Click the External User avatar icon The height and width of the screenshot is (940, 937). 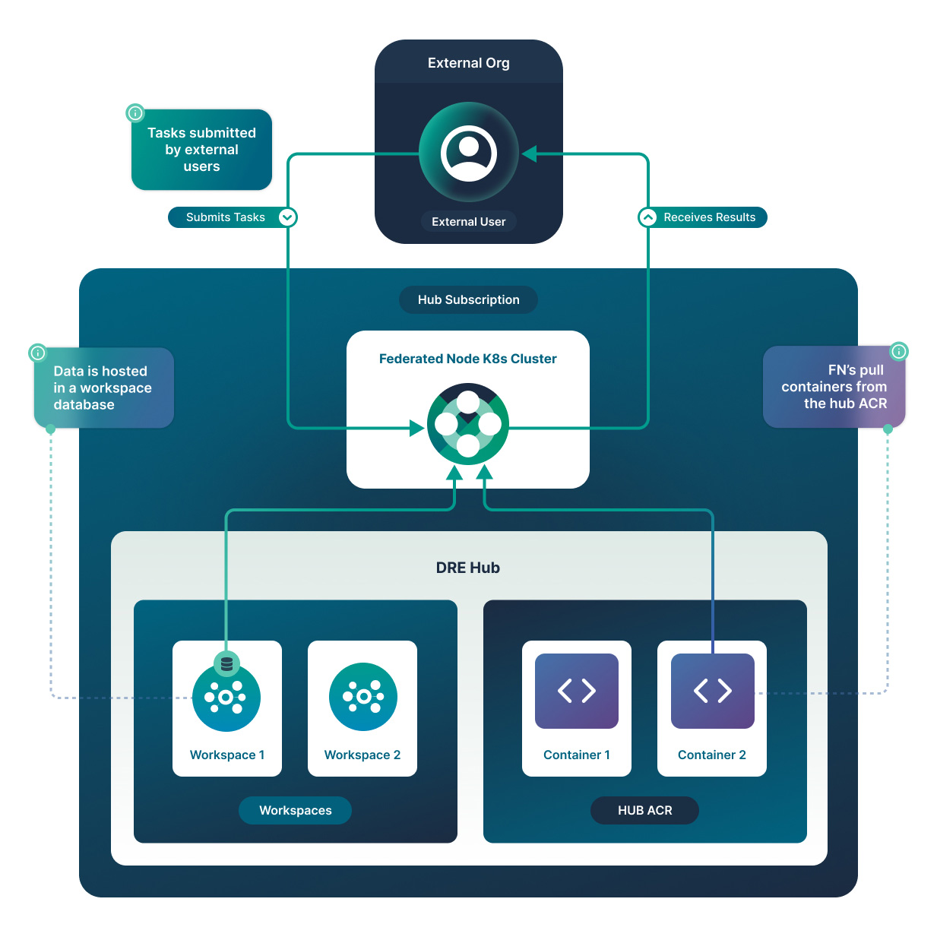click(x=468, y=153)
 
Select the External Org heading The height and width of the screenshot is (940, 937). click(x=468, y=63)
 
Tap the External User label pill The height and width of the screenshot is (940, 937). click(x=468, y=222)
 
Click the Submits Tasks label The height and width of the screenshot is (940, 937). click(x=225, y=217)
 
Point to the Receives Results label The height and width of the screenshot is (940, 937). click(x=709, y=217)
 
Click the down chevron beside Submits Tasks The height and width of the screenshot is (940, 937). click(x=287, y=217)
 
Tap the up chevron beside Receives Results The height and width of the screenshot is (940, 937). click(x=647, y=217)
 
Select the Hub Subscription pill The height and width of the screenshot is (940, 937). click(x=468, y=299)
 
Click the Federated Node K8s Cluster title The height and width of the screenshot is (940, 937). click(x=467, y=359)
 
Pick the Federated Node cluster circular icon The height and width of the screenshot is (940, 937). click(x=467, y=424)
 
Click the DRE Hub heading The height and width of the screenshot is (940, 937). click(x=467, y=568)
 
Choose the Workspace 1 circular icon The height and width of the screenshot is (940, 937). click(x=226, y=698)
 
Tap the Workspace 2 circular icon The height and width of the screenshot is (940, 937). click(x=362, y=697)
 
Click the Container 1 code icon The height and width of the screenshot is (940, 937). click(x=576, y=691)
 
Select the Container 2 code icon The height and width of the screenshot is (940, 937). click(x=712, y=691)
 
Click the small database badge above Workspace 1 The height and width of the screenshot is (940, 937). click(x=226, y=663)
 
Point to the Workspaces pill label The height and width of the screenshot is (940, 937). click(x=295, y=810)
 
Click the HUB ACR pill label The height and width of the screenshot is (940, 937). click(x=644, y=810)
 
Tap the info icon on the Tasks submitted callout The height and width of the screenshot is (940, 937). click(x=135, y=113)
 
